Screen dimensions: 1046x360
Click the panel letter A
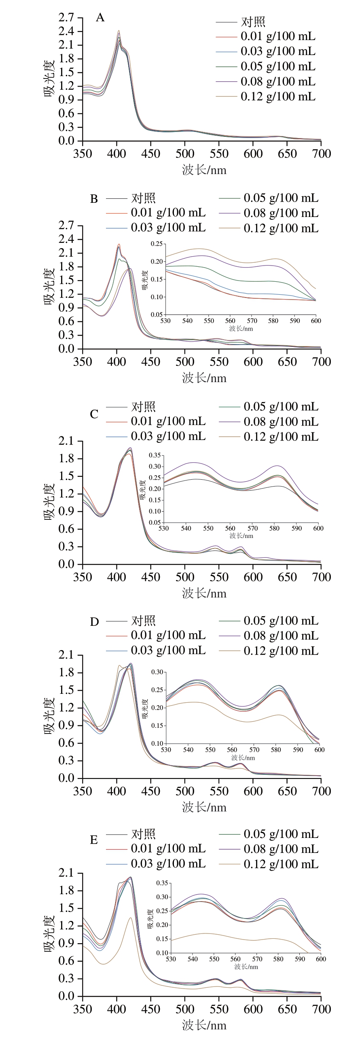(x=100, y=18)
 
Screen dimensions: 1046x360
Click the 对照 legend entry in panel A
(x=253, y=22)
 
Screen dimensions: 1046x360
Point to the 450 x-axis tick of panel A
(x=150, y=154)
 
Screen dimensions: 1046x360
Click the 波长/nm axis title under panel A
(x=204, y=170)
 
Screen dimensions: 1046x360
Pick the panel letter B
(x=94, y=199)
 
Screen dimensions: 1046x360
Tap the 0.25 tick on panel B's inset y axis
(x=156, y=244)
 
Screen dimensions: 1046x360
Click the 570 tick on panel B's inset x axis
(x=252, y=321)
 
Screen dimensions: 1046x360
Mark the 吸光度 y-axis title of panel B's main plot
(x=49, y=286)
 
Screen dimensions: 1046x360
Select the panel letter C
(x=94, y=414)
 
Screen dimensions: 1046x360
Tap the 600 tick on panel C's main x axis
(x=253, y=577)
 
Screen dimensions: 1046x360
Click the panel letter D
(x=94, y=622)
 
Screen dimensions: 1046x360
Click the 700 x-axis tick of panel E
(x=321, y=1009)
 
